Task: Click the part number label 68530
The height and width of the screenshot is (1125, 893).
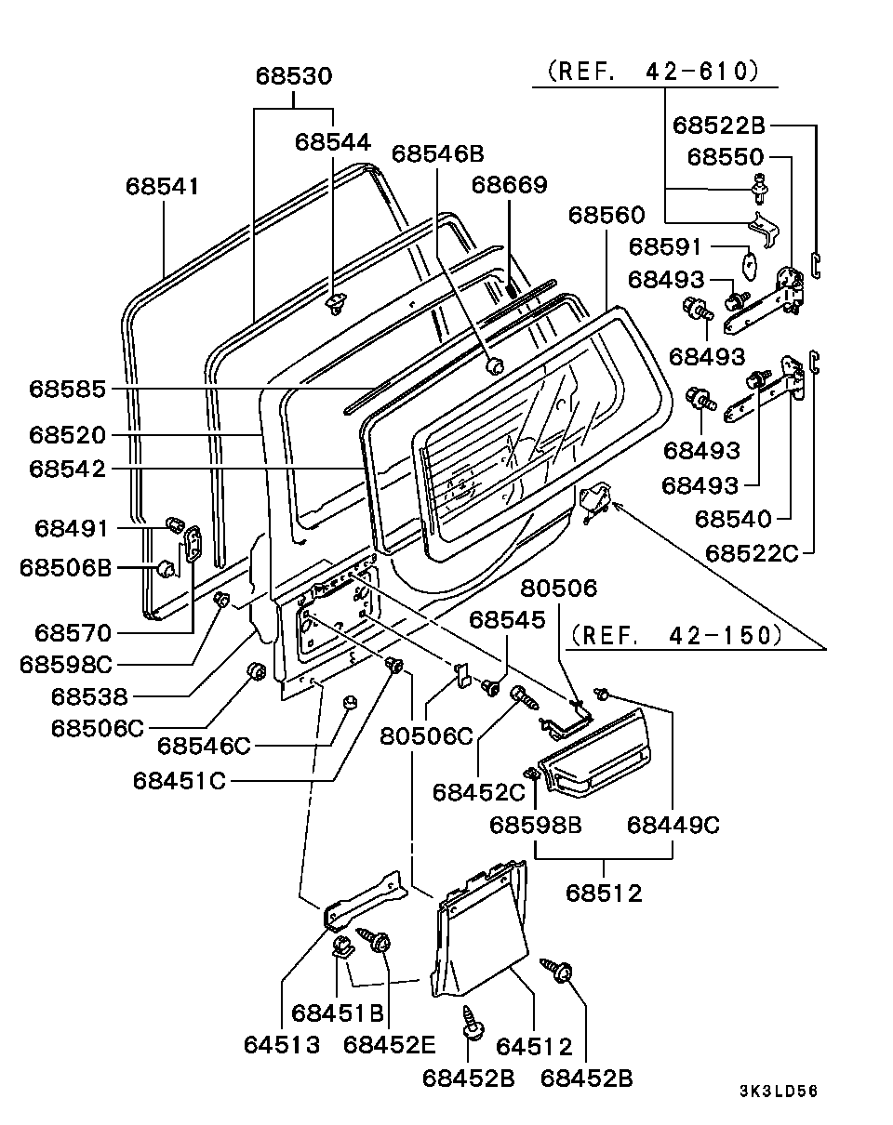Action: [x=294, y=76]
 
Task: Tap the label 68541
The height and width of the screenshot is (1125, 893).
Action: [x=163, y=186]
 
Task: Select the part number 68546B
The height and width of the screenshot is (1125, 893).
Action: [x=437, y=154]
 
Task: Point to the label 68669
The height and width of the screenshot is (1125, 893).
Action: [x=509, y=184]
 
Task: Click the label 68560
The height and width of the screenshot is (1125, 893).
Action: [x=606, y=216]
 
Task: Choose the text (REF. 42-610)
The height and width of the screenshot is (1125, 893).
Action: [x=653, y=71]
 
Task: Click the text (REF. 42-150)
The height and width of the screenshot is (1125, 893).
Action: [x=675, y=635]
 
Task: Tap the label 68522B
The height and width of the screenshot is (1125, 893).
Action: [x=719, y=125]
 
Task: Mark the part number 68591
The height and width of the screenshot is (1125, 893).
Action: [x=666, y=247]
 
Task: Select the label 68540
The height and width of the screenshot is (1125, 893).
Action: [x=733, y=519]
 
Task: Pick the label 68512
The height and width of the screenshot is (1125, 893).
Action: [x=605, y=893]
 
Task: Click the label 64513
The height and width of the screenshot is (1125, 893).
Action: [x=282, y=1044]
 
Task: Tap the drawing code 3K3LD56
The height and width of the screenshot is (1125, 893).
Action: [x=779, y=1092]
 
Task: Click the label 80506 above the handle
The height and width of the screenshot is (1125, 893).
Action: [x=558, y=589]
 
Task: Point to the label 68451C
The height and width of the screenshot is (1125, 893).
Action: [x=179, y=780]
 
